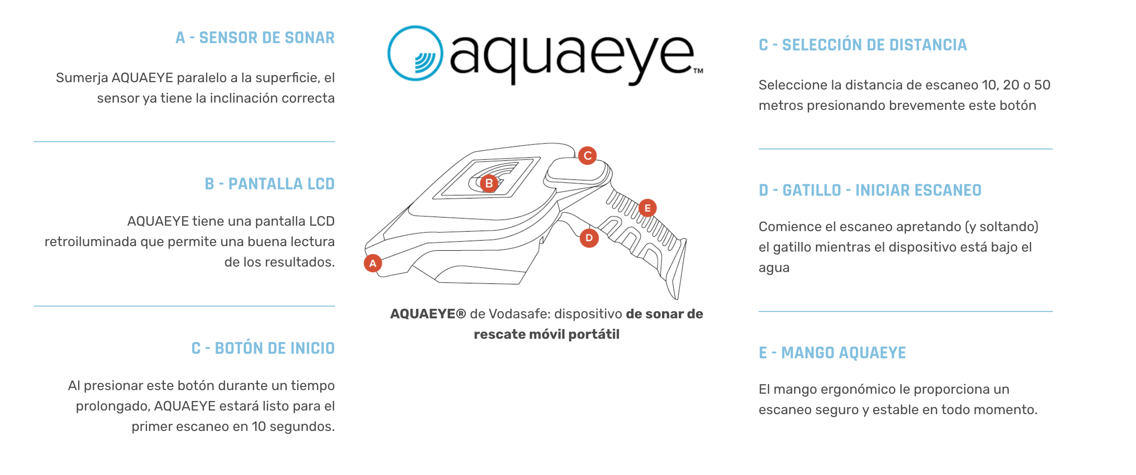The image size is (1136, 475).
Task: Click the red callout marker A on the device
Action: [x=373, y=263]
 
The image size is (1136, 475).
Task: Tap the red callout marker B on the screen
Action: [x=489, y=183]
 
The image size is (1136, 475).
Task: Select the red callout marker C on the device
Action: [x=588, y=156]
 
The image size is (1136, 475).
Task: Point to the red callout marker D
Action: [x=589, y=238]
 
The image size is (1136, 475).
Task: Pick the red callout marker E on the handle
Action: [x=647, y=208]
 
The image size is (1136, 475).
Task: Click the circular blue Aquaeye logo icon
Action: [x=415, y=54]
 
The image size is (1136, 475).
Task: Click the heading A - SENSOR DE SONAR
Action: [x=255, y=38]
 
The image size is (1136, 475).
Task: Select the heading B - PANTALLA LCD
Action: [x=269, y=184]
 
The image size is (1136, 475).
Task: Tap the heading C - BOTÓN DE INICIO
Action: [x=263, y=348]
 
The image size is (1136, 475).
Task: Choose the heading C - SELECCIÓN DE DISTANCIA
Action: [x=863, y=45]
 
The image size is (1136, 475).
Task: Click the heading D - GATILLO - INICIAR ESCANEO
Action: [x=870, y=190]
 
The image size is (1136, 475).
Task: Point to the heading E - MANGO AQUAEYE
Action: [x=832, y=353]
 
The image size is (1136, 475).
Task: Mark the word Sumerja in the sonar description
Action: [x=82, y=78]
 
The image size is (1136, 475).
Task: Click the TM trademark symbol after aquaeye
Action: [x=698, y=71]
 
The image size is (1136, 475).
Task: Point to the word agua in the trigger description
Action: [x=774, y=268]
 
